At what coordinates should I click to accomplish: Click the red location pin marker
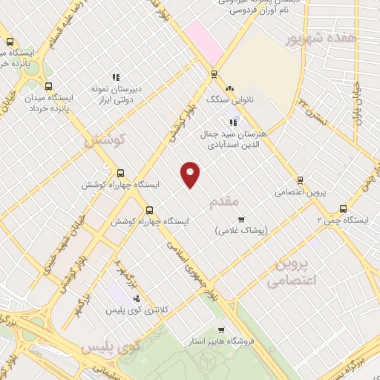191,174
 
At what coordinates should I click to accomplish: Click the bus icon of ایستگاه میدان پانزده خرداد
49,85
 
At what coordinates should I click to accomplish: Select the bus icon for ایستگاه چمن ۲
343,209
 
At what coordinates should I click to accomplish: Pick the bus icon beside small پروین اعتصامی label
300,180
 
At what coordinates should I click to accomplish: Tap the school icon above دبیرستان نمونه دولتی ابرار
115,76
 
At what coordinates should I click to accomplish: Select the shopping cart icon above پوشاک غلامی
241,220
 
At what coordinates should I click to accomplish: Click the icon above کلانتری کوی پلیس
136,298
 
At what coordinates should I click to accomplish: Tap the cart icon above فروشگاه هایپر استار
220,330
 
